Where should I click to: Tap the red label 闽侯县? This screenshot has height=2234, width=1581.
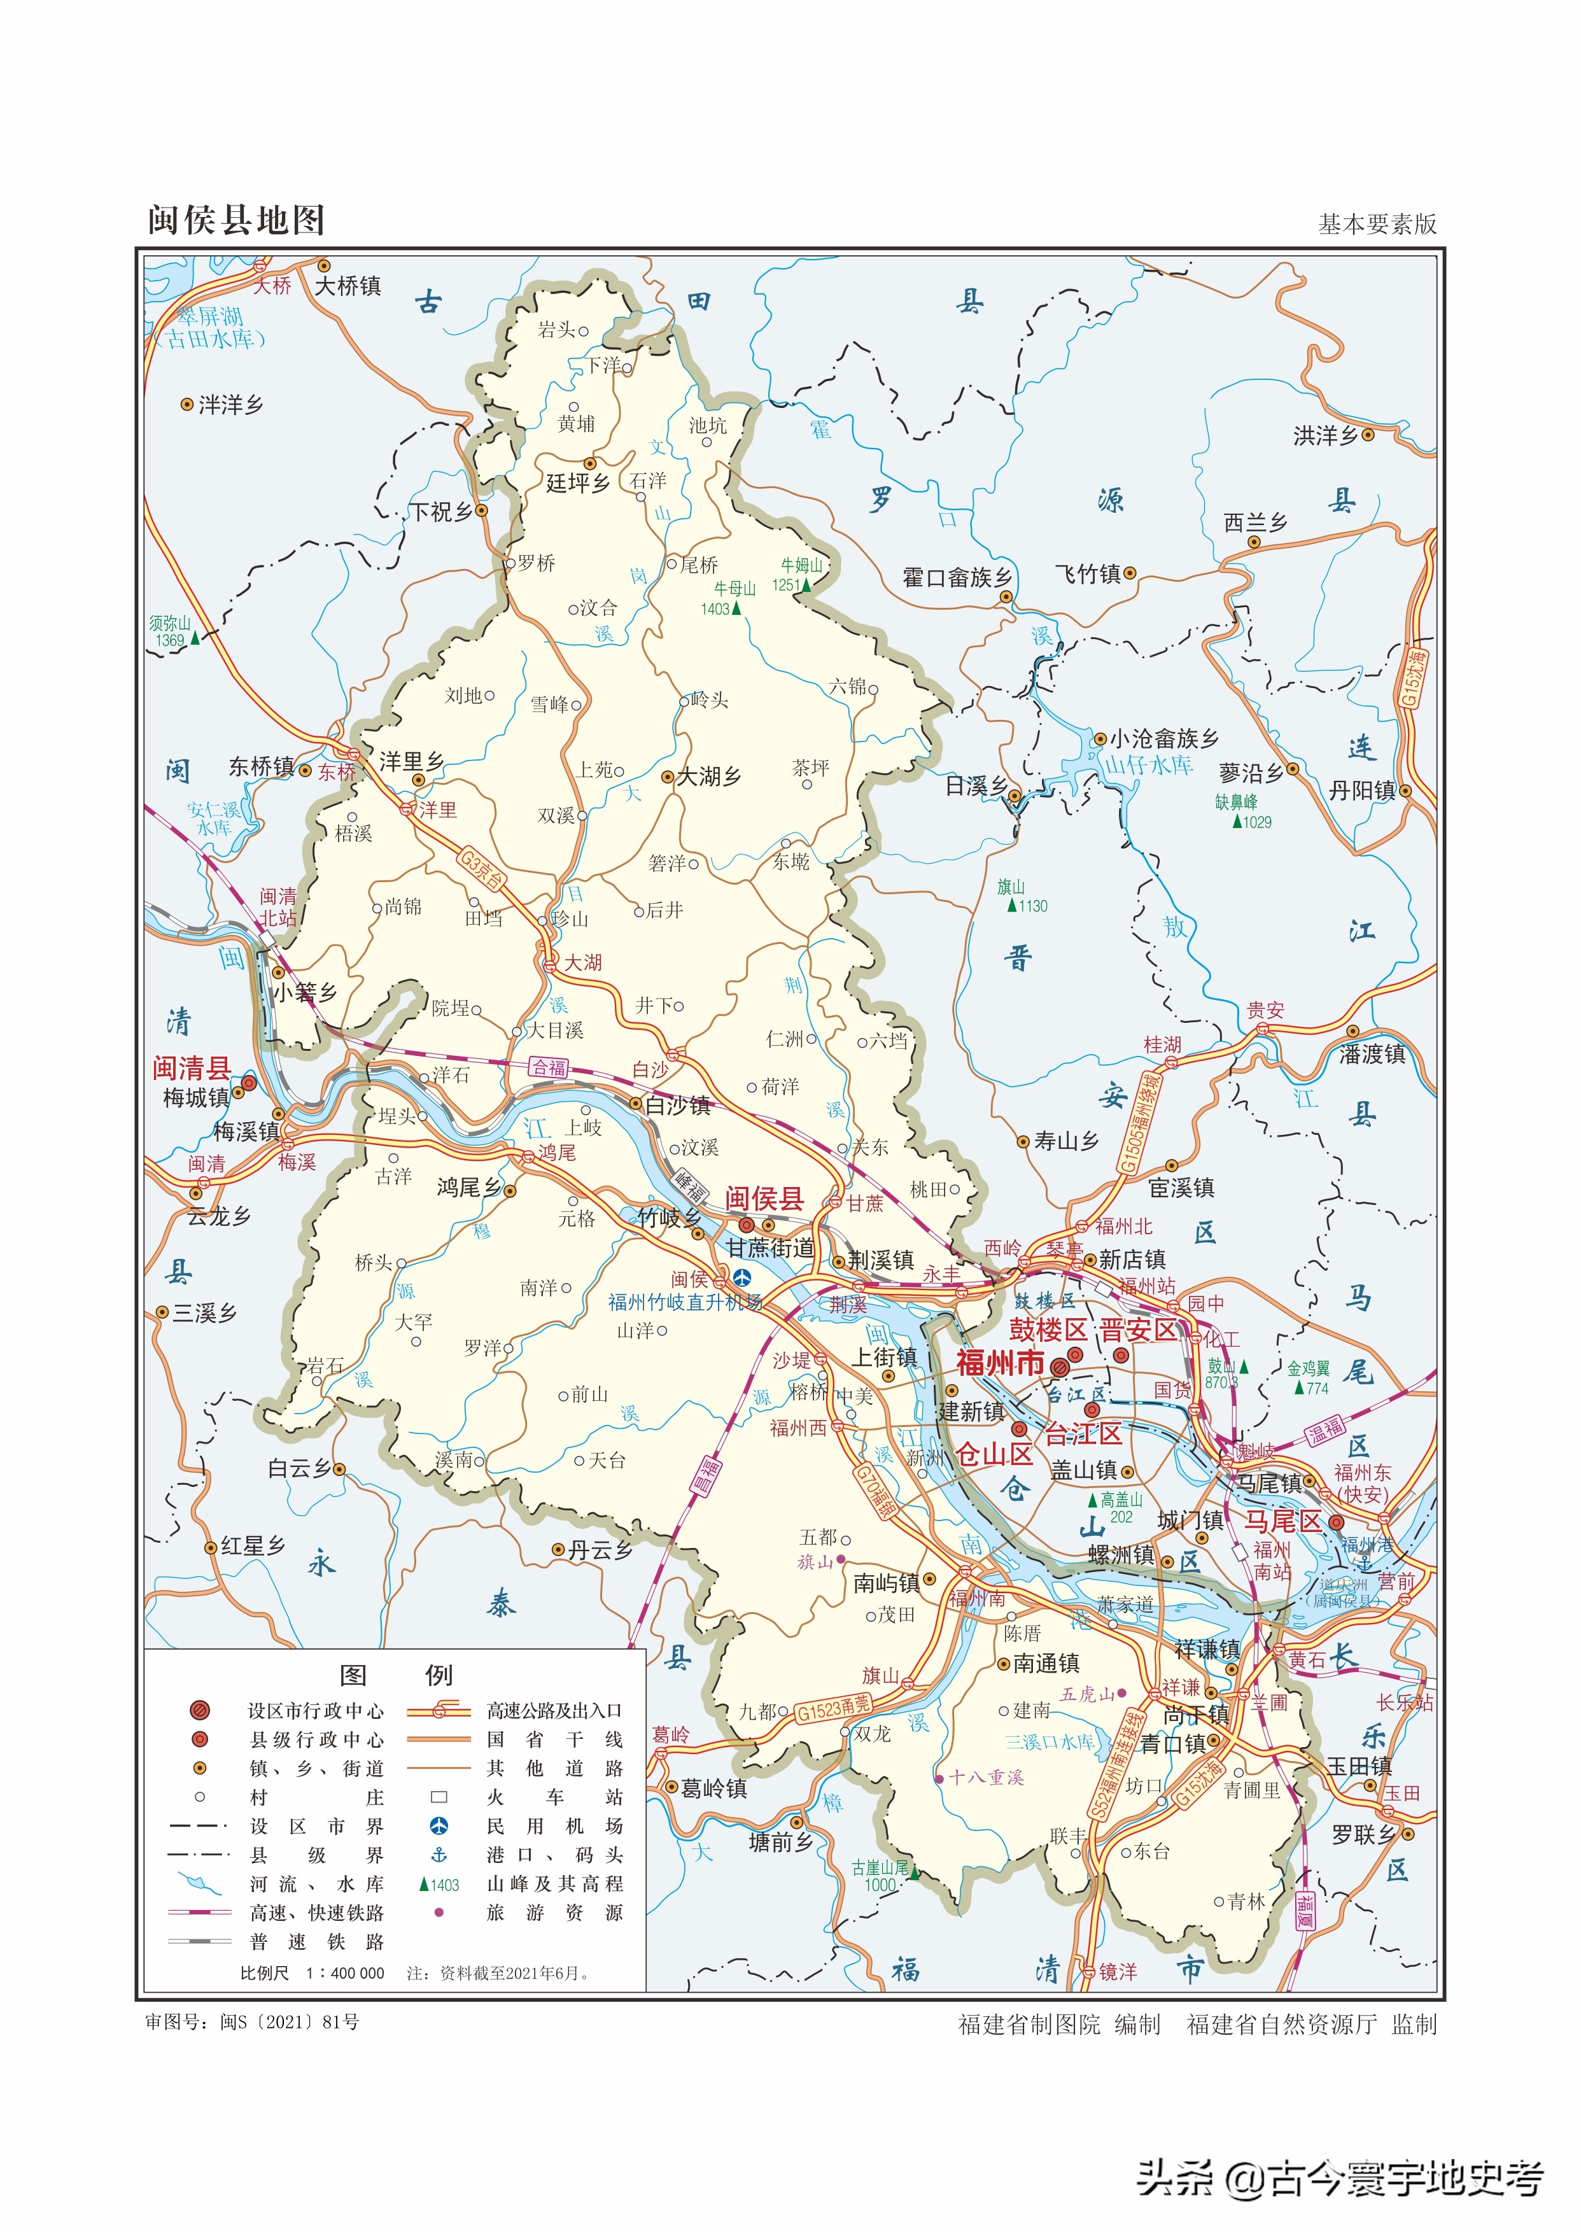[x=764, y=1198]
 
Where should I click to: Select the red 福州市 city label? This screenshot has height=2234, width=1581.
[x=1000, y=1362]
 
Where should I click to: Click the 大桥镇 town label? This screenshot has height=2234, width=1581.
[x=348, y=285]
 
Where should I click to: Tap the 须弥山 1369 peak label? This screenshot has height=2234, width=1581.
[x=171, y=631]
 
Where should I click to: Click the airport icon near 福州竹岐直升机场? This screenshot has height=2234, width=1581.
[x=743, y=1276]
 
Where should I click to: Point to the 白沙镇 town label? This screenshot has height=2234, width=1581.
[x=678, y=1105]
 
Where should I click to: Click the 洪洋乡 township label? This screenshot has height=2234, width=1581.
[x=1325, y=435]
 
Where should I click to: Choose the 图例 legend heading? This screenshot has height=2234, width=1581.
[x=395, y=1675]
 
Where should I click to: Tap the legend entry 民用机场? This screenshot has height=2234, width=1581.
[x=554, y=1825]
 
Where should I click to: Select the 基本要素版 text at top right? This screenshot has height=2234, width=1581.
[x=1377, y=224]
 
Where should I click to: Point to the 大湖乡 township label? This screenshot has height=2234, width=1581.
[x=709, y=776]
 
